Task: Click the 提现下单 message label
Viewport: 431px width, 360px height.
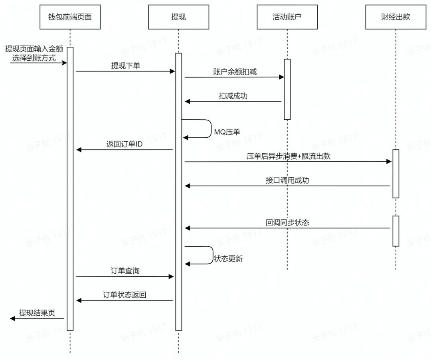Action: pyautogui.click(x=125, y=66)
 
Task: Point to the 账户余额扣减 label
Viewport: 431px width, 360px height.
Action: pyautogui.click(x=235, y=72)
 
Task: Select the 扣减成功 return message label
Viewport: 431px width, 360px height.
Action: pyautogui.click(x=233, y=96)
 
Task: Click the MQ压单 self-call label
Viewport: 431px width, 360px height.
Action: pyautogui.click(x=227, y=132)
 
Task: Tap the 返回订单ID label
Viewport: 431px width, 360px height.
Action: pyautogui.click(x=125, y=144)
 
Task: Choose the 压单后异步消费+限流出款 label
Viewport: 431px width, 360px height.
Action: pyautogui.click(x=289, y=156)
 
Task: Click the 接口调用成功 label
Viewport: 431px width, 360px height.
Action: pyautogui.click(x=287, y=180)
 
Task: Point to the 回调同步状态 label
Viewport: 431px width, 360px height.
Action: pyautogui.click(x=287, y=223)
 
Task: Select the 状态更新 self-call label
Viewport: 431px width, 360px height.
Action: pyautogui.click(x=228, y=259)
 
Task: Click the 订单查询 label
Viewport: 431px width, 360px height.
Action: pyautogui.click(x=125, y=271)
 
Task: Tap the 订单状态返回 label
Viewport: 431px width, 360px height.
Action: pyautogui.click(x=125, y=295)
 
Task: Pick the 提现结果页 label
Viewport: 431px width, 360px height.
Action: pyautogui.click(x=37, y=313)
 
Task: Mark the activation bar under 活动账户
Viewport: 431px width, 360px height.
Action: pyautogui.click(x=287, y=89)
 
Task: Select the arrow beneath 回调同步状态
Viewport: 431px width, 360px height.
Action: pyautogui.click(x=287, y=228)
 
